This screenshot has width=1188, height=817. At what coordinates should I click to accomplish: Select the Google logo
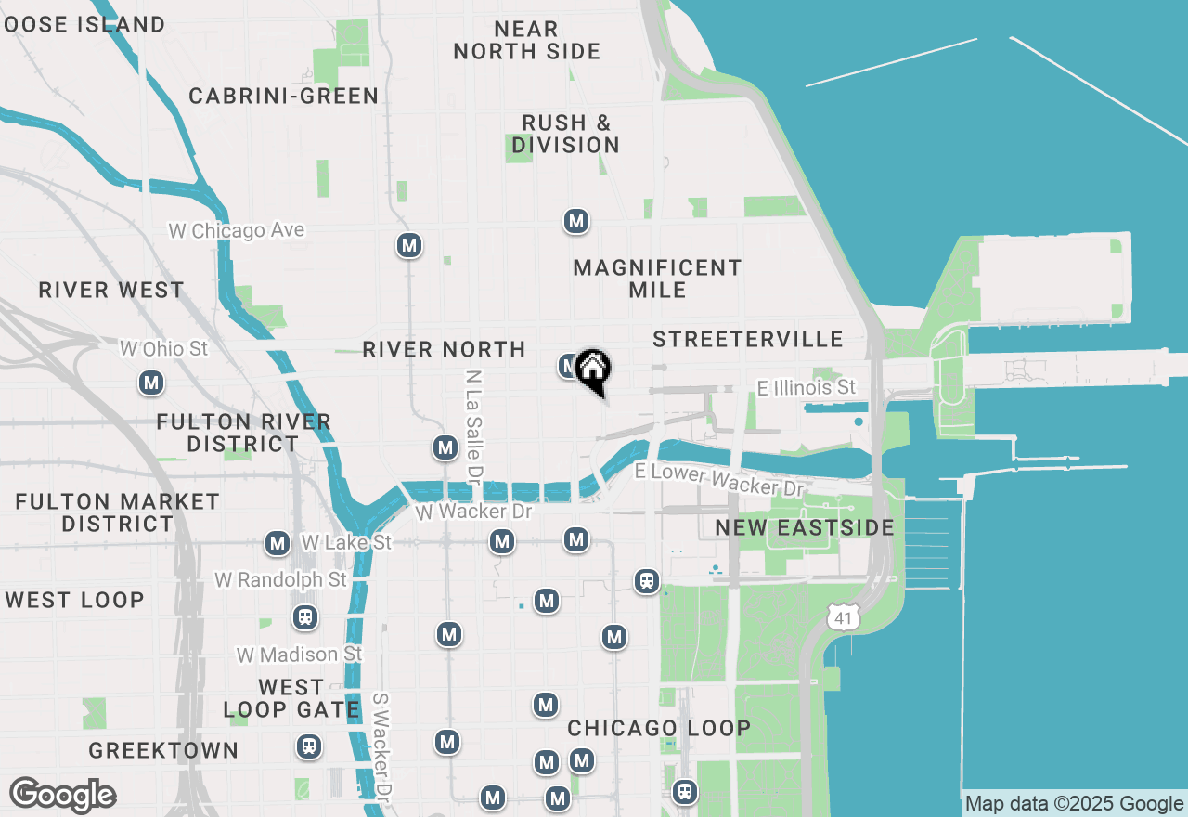(62, 796)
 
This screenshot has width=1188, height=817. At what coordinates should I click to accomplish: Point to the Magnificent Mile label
(657, 279)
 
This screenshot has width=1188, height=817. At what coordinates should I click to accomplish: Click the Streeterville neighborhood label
(747, 340)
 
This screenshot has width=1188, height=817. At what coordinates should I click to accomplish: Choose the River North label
(444, 350)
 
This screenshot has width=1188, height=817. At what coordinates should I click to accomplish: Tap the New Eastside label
(804, 528)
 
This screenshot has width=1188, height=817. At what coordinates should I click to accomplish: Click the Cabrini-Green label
(283, 97)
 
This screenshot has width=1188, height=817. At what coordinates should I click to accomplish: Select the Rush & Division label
(565, 134)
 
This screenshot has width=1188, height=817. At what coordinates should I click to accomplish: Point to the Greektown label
(163, 750)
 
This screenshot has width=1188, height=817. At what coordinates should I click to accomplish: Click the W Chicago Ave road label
(236, 230)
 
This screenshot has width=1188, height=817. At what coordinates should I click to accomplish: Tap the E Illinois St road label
(806, 387)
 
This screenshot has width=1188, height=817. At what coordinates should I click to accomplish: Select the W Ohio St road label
(164, 349)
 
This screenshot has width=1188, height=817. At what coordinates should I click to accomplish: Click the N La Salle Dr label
(475, 426)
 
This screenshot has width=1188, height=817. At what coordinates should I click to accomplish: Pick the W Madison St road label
(299, 655)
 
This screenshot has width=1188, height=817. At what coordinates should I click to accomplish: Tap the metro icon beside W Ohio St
(151, 383)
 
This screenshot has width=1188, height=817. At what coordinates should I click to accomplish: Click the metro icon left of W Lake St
(277, 544)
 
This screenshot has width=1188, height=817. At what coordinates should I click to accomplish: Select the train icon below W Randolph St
(303, 617)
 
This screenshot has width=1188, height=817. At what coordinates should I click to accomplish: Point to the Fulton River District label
(243, 433)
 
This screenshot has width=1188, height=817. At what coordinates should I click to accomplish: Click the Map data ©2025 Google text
(1074, 804)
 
